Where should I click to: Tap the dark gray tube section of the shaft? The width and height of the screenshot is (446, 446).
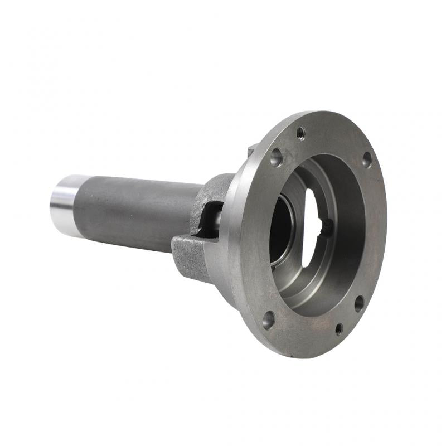click(134, 212)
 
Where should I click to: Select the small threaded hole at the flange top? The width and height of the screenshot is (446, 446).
click(300, 133)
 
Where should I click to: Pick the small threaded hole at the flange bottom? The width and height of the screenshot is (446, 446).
click(339, 329)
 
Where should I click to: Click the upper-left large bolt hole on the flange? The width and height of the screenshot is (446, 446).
click(276, 157)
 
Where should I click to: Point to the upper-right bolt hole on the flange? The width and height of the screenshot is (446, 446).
click(367, 160)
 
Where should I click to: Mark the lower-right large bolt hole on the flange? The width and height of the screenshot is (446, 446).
click(359, 303)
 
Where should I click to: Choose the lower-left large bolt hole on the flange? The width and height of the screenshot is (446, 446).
click(268, 320)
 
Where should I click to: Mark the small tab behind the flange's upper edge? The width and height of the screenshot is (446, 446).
click(251, 149)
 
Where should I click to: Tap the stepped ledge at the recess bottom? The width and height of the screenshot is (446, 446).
click(312, 290)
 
